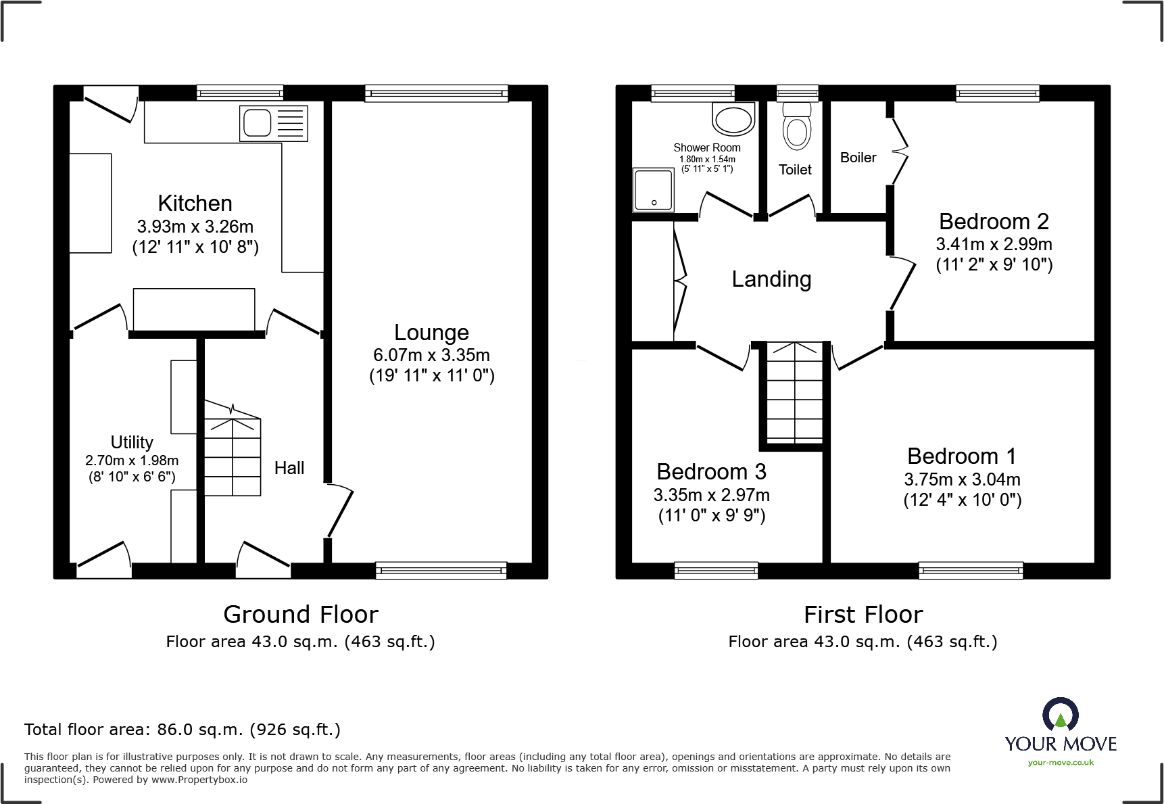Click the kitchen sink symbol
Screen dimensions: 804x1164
click(x=273, y=123)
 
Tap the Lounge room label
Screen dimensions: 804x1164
click(x=431, y=333)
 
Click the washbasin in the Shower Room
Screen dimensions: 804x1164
click(x=733, y=121)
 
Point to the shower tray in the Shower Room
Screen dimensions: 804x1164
click(x=653, y=189)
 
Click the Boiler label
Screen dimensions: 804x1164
click(x=858, y=158)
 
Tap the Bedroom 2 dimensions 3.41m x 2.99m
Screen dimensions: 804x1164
click(x=994, y=244)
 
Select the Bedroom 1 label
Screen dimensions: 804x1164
click(x=961, y=456)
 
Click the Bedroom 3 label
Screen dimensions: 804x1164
click(x=711, y=472)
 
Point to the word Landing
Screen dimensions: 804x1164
click(x=771, y=279)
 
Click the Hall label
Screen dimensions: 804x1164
click(x=289, y=468)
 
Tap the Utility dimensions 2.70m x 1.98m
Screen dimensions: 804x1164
click(x=132, y=460)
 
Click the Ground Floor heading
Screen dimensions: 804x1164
click(x=300, y=614)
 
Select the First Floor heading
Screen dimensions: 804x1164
click(x=863, y=614)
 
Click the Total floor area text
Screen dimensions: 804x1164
click(x=182, y=730)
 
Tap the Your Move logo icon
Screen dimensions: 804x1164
click(x=1060, y=715)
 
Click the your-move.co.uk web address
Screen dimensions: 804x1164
click(x=1060, y=763)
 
